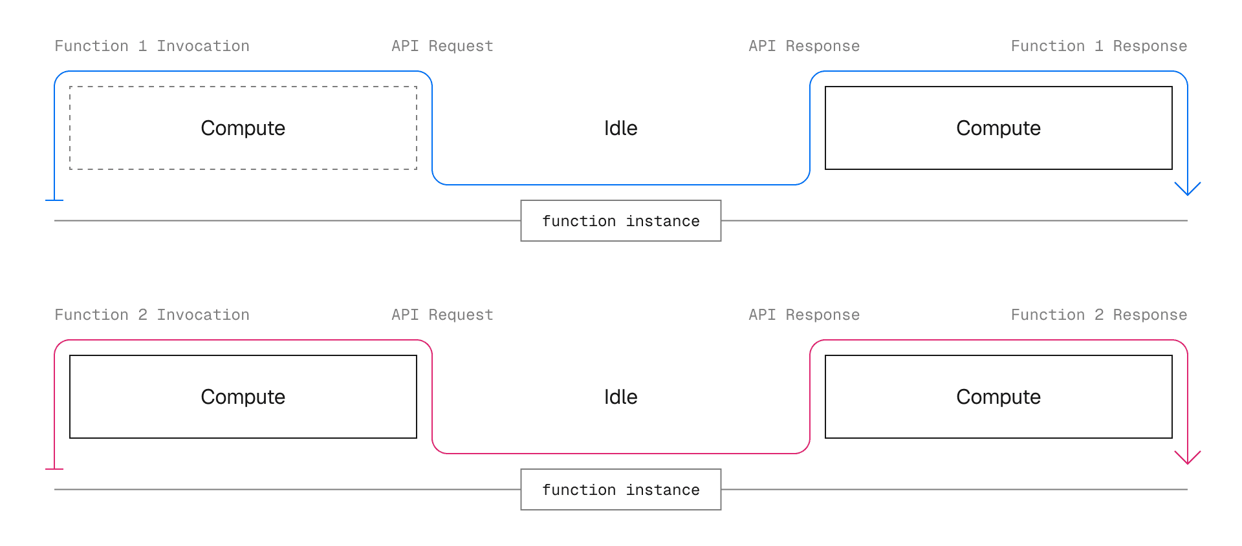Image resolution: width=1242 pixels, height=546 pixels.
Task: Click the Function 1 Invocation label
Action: (152, 46)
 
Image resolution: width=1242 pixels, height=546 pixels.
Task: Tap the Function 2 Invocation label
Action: (152, 315)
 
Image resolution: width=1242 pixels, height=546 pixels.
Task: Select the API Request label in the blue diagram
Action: (442, 46)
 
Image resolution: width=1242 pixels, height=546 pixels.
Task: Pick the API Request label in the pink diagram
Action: (442, 315)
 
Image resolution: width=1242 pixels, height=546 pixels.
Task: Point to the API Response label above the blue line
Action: (804, 46)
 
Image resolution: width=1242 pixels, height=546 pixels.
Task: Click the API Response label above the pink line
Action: (804, 315)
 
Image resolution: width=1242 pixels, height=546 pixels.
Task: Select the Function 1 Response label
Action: (1098, 46)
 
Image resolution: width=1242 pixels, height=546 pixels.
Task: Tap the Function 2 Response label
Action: (1098, 315)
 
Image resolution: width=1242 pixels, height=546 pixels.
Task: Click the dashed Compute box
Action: (243, 128)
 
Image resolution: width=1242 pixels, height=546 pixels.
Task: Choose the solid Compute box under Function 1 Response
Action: (998, 128)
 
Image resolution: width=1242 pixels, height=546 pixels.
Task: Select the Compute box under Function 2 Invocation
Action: (243, 397)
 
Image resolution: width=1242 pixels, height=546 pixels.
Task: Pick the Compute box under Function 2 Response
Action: (998, 397)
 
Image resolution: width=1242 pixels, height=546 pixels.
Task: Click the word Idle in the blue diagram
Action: (620, 128)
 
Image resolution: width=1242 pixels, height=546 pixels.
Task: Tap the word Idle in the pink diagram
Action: (620, 397)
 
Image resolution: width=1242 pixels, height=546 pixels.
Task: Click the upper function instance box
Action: (620, 221)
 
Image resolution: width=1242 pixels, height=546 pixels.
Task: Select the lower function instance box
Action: (620, 490)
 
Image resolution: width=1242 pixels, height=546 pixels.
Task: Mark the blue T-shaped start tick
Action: (54, 200)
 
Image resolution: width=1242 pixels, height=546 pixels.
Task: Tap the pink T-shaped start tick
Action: (54, 468)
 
